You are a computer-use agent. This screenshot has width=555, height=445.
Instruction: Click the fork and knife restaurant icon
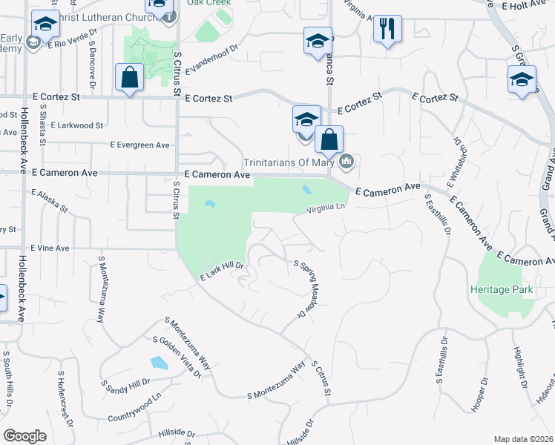(387, 30)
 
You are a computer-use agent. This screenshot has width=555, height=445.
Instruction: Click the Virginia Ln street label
(327, 211)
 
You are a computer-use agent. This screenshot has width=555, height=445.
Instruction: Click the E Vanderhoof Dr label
(211, 59)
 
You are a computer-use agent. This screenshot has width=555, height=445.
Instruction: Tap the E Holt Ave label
(523, 5)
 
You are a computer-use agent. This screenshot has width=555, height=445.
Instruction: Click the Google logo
(25, 436)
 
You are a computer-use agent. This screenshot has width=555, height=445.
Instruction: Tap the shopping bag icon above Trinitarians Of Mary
(329, 139)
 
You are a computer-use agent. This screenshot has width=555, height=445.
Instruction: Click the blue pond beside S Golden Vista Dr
(159, 363)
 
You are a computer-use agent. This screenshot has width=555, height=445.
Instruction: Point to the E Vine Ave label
(50, 248)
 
